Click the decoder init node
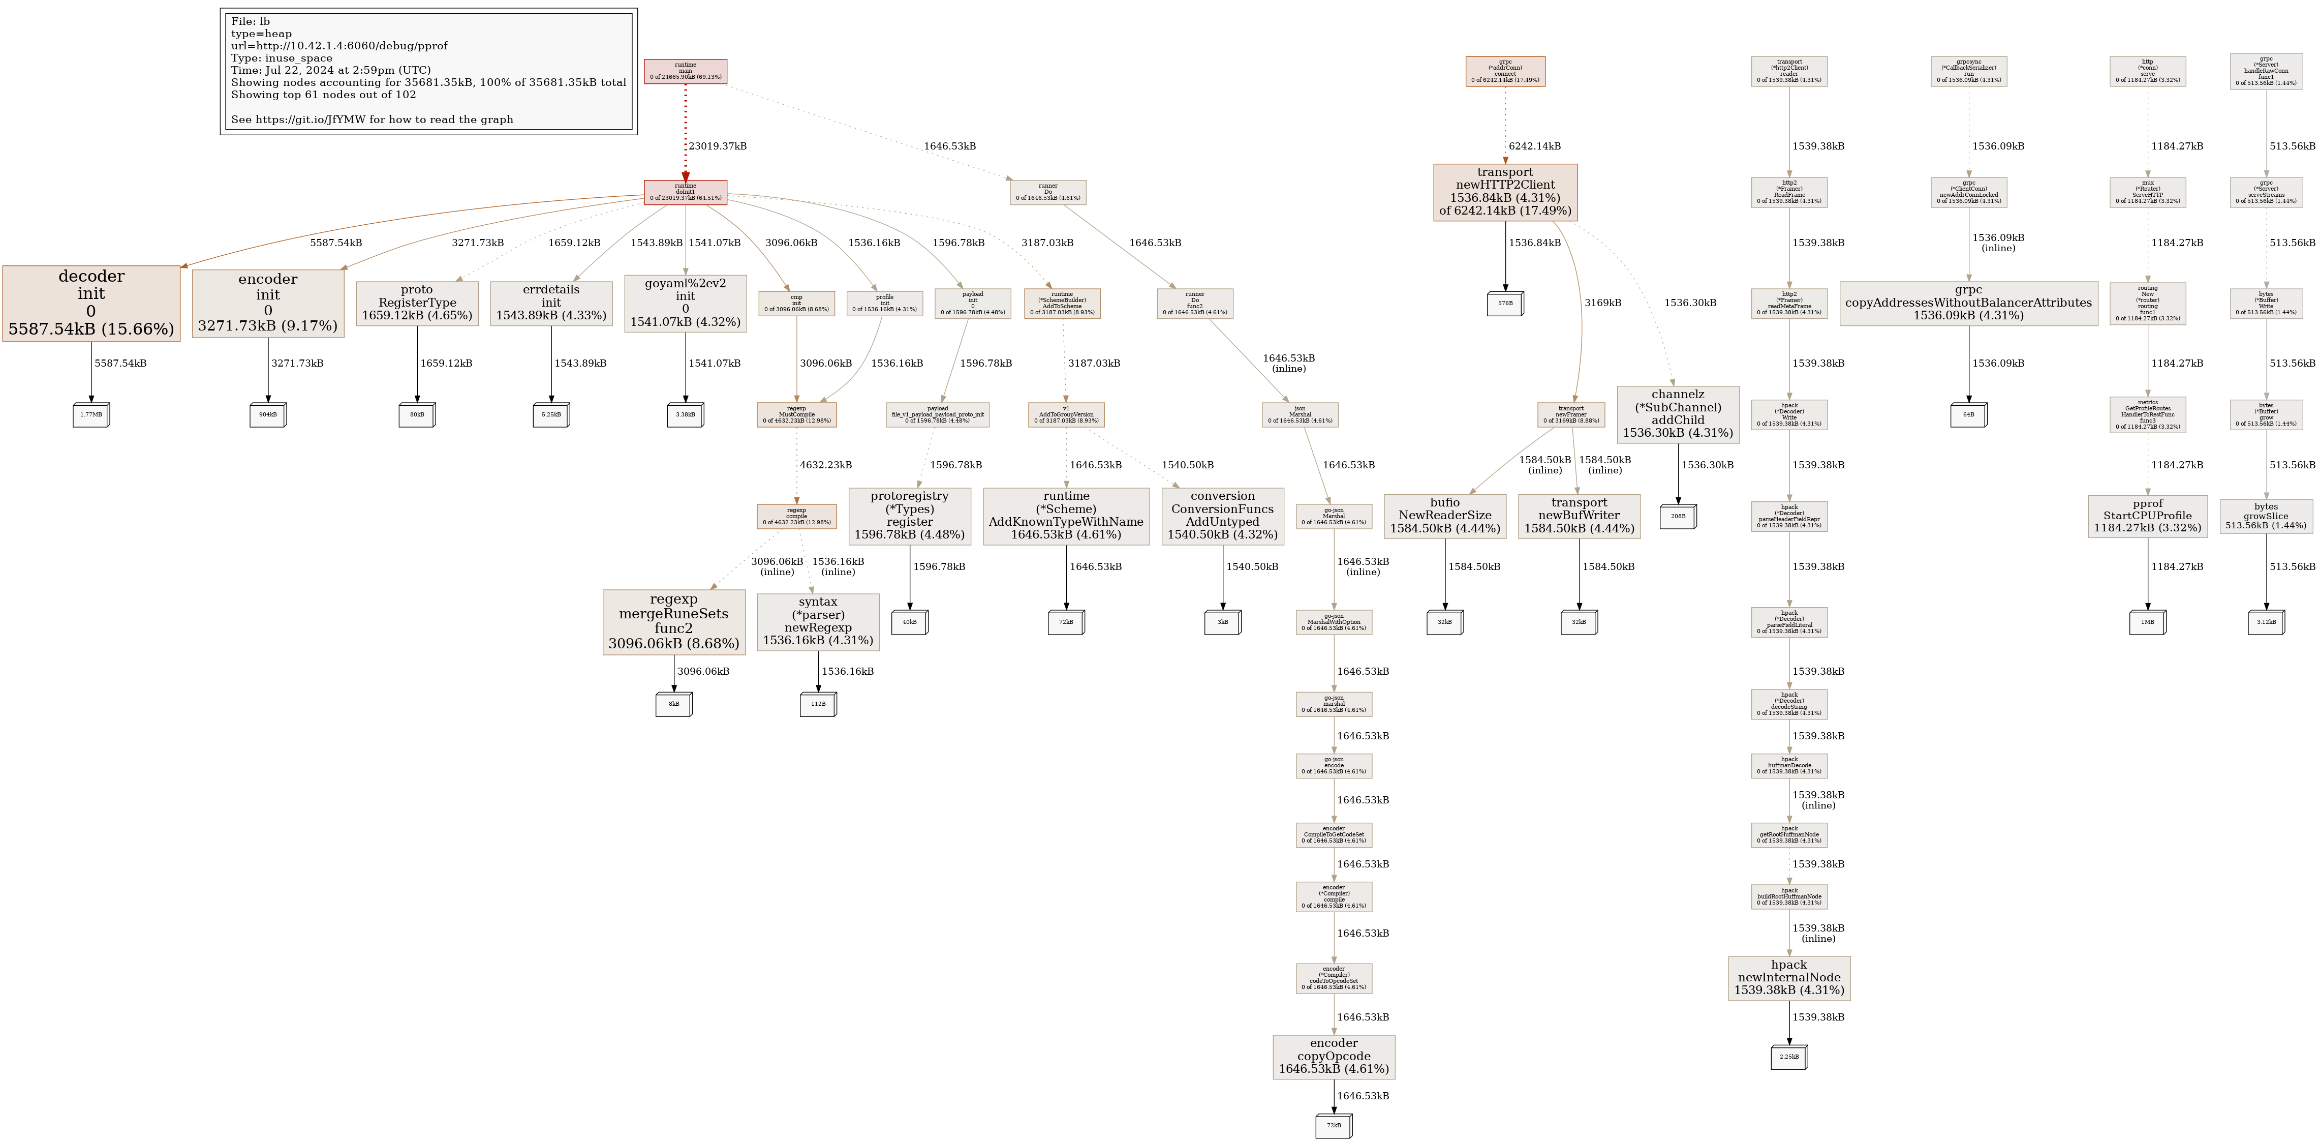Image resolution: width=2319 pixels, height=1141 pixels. tap(91, 303)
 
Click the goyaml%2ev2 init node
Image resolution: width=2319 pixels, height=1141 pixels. tap(685, 303)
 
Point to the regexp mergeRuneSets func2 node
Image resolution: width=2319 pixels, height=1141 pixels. tap(673, 621)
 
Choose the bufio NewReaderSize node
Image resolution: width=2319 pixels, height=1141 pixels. tap(1445, 516)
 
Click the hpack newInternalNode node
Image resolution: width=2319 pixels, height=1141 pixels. tap(1789, 978)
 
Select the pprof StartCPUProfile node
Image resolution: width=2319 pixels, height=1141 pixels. tap(2147, 516)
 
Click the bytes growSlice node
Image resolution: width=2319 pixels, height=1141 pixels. tap(2266, 516)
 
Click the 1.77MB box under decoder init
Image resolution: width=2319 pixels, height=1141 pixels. tap(91, 415)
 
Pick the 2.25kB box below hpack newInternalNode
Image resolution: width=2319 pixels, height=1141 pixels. tap(1789, 1057)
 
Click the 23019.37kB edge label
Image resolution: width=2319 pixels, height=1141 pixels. tap(718, 146)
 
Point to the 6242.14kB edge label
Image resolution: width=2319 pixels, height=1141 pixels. tap(1535, 146)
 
